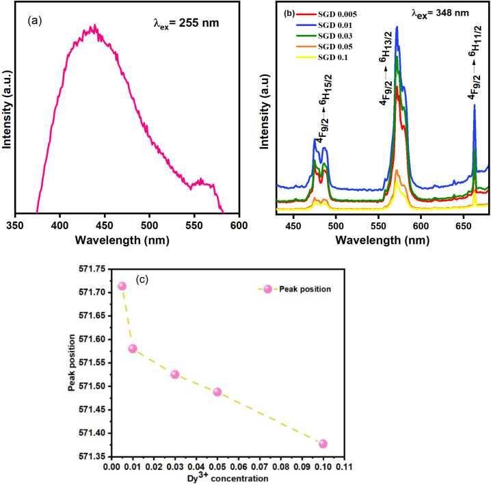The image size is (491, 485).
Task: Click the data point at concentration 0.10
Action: pyautogui.click(x=323, y=443)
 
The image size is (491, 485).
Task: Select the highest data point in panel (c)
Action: pyautogui.click(x=122, y=286)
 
